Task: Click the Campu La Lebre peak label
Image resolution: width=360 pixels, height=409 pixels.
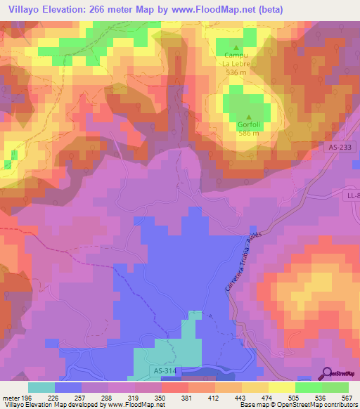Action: click(x=236, y=60)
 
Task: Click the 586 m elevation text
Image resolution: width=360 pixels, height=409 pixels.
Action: click(x=249, y=133)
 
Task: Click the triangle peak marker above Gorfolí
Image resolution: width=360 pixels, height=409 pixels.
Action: click(x=249, y=117)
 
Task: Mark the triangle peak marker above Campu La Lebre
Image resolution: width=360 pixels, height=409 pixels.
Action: click(x=236, y=47)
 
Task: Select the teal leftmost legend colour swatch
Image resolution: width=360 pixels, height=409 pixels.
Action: click(x=41, y=387)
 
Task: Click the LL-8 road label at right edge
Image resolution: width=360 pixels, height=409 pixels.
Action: click(x=353, y=195)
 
